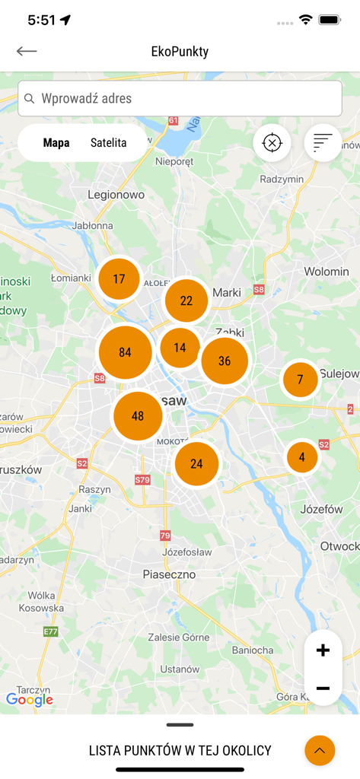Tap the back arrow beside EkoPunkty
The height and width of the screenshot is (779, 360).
coord(27,51)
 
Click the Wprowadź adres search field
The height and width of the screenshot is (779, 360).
coord(180,98)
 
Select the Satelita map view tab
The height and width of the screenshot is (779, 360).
coord(109,142)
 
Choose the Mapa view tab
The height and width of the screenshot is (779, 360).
coord(56,142)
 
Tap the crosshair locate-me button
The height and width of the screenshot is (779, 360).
coord(272,142)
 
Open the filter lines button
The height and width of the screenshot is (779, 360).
coord(323,142)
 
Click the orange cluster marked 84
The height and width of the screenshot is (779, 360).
coord(125,352)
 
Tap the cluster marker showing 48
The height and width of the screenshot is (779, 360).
coord(138,416)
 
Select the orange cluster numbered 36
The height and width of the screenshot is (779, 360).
coord(225,361)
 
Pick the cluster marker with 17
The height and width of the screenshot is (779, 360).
coord(119,279)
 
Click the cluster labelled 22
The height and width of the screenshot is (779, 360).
coord(186,300)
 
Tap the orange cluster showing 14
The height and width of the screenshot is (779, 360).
coord(180,348)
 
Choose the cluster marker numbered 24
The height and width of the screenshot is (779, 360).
coord(196,463)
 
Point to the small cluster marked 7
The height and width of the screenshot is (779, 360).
coord(301,379)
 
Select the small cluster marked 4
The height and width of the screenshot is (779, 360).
coord(302,457)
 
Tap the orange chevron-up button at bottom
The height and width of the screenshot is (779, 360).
coord(320,751)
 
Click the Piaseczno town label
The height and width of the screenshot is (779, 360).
coord(169,575)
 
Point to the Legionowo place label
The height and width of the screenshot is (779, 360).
coord(116,195)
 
